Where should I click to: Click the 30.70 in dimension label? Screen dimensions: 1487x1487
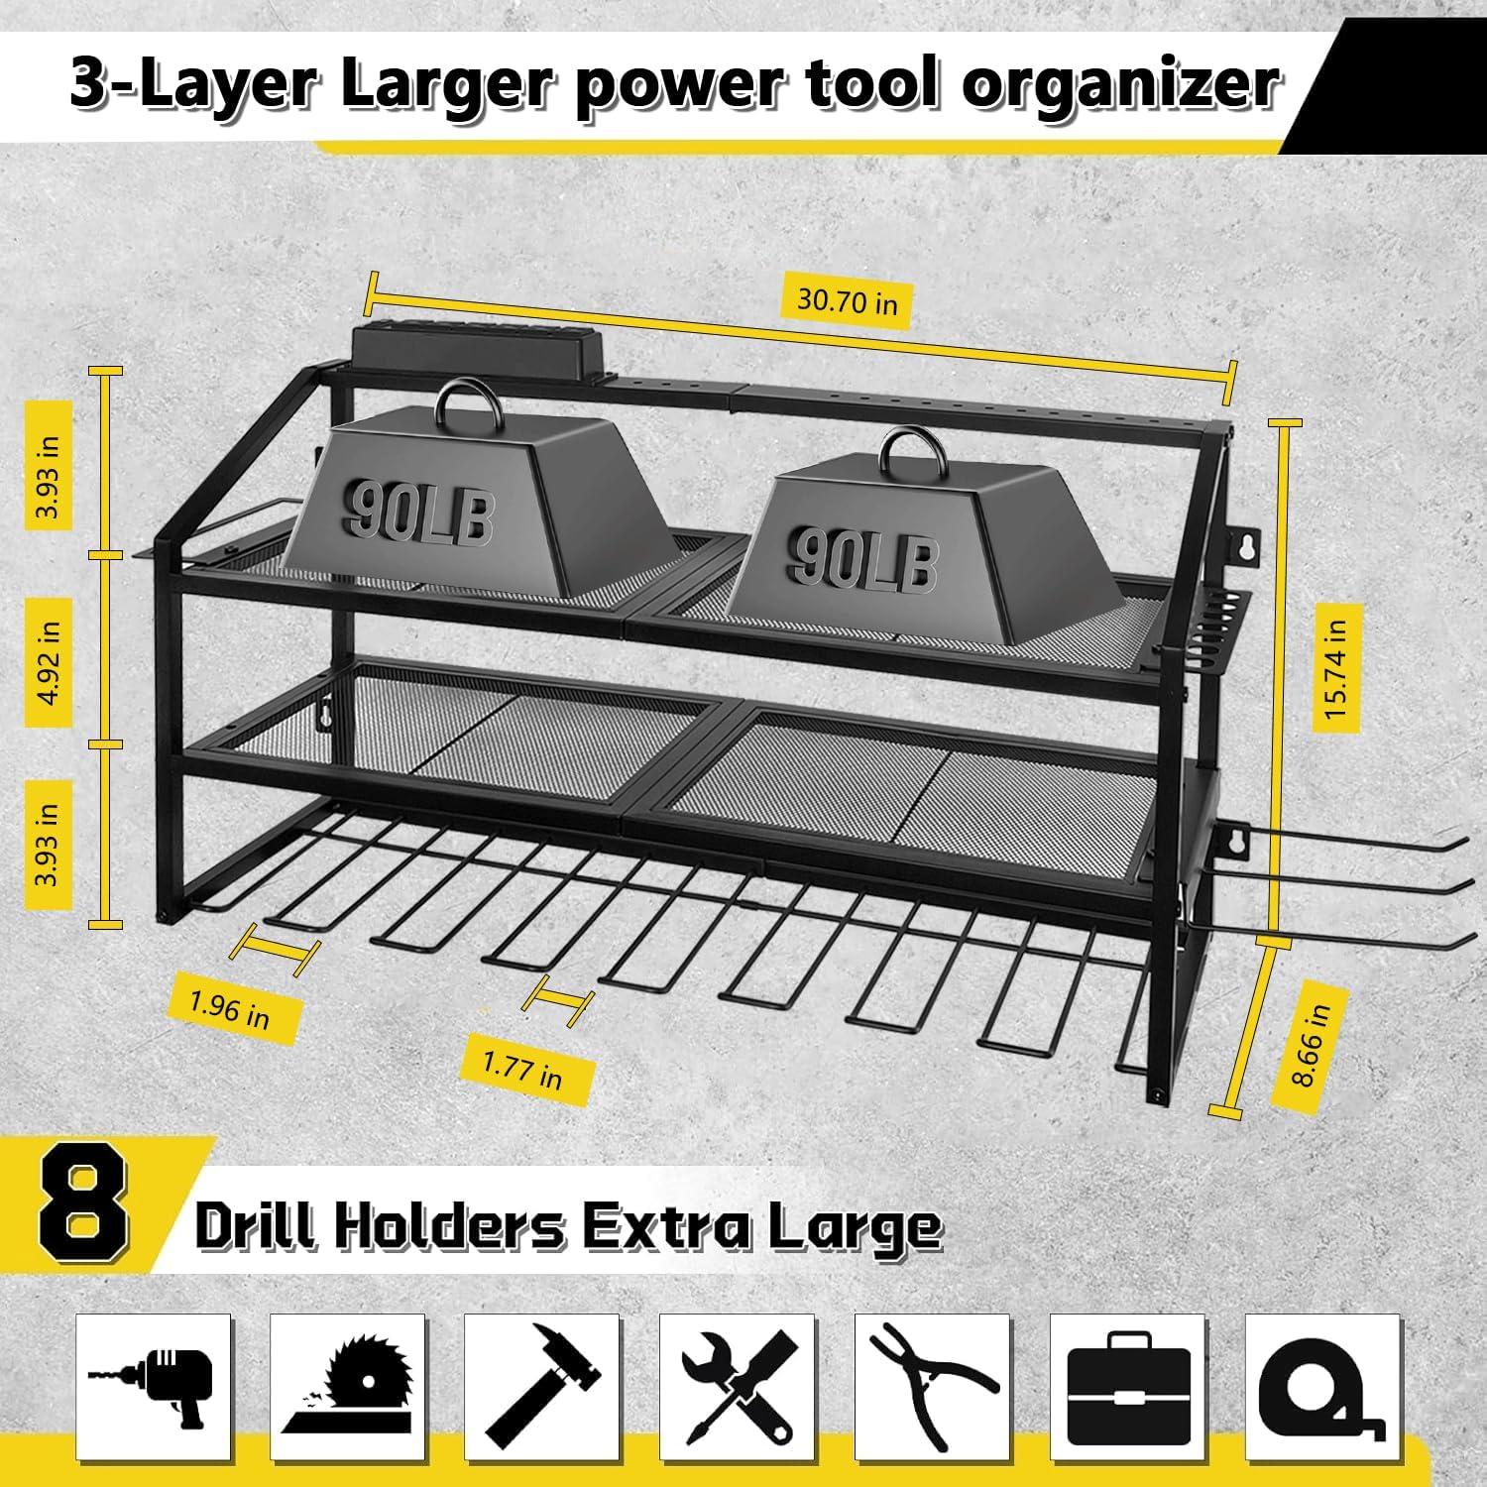[848, 298]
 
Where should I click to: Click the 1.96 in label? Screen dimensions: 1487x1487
[230, 1009]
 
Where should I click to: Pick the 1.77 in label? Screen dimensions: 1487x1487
[522, 1068]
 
